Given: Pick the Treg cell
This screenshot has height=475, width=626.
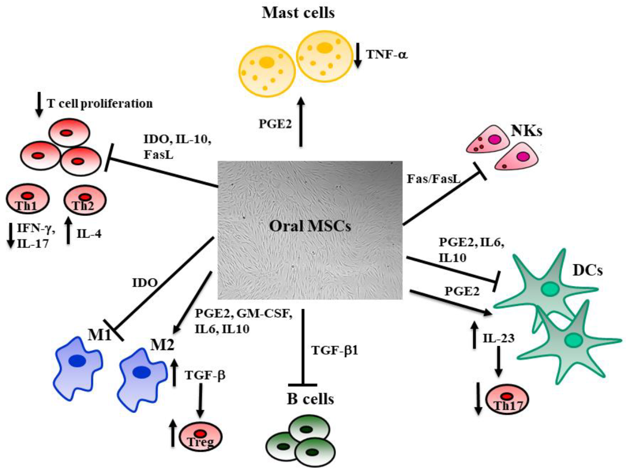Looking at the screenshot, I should click(x=200, y=437).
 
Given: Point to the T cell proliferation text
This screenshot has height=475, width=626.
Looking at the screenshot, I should click(x=100, y=103).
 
